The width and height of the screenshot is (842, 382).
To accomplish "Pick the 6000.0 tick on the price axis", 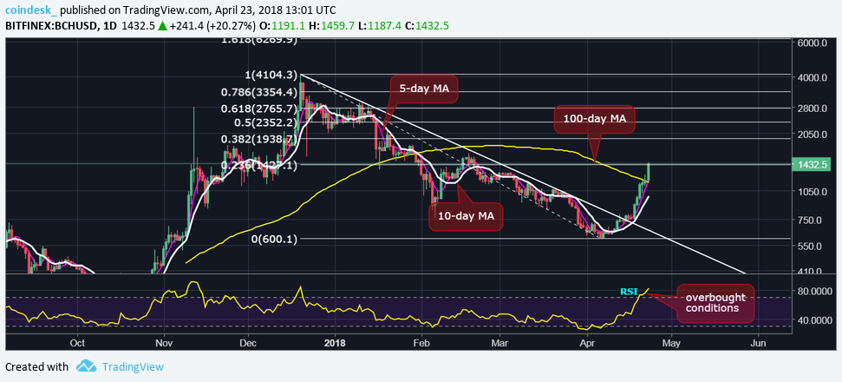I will (814, 43).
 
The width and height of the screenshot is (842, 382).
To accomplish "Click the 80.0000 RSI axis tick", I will (814, 292).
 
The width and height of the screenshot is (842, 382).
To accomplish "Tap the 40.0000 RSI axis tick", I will (814, 319).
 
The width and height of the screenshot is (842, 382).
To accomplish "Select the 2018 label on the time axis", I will (335, 343).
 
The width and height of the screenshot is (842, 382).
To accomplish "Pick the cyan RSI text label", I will (629, 291).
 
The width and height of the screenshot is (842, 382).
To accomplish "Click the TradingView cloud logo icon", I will (86, 366).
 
